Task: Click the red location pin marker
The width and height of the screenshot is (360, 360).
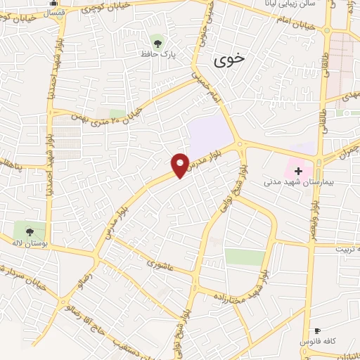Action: (x=180, y=165)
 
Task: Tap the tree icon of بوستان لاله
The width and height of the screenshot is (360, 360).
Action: (x=30, y=230)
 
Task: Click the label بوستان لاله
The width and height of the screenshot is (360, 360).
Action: (x=30, y=243)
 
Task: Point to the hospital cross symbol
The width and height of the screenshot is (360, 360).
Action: (x=298, y=171)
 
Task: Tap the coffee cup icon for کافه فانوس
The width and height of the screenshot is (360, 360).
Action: (x=316, y=330)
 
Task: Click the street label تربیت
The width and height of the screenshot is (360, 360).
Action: (x=349, y=249)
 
